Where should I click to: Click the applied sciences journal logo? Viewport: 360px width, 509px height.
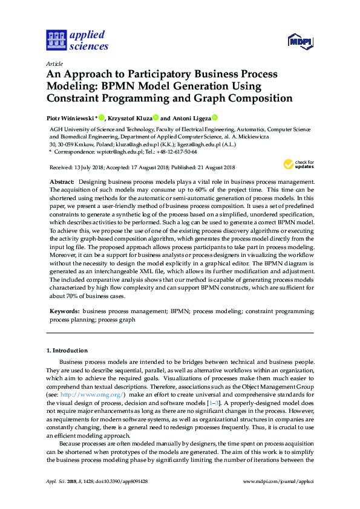pos(77,40)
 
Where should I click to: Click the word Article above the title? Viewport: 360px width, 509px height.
pos(54,63)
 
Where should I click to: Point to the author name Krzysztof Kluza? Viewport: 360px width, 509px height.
pos(129,118)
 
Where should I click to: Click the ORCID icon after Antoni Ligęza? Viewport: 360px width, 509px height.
pos(214,117)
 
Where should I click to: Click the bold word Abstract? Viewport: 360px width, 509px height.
pos(62,182)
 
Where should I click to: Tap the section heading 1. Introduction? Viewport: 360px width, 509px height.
pos(67,351)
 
